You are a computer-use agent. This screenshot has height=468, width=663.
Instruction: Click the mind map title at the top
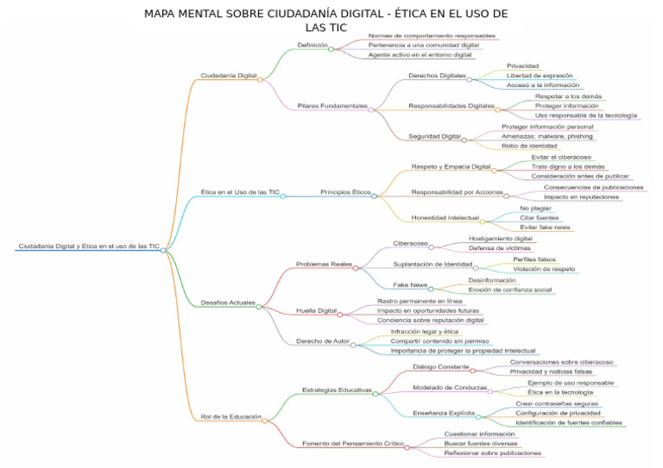click(325, 20)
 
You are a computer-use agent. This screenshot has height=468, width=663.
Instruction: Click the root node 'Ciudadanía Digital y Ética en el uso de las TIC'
click(89, 246)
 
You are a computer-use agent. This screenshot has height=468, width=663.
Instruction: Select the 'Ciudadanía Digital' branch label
click(229, 76)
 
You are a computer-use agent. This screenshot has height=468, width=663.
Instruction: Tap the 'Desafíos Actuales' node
click(228, 303)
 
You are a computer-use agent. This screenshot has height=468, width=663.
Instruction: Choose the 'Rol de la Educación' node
click(231, 417)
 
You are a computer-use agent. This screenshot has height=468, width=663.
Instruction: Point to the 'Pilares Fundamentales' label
click(332, 106)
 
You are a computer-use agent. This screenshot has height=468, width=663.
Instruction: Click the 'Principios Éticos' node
click(345, 192)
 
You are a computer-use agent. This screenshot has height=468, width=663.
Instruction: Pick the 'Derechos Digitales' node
click(437, 76)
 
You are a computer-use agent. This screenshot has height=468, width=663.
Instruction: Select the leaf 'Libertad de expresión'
click(540, 76)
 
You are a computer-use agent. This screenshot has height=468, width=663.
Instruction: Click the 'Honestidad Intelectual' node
click(445, 218)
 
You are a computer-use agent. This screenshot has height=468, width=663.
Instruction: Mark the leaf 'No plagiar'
click(535, 209)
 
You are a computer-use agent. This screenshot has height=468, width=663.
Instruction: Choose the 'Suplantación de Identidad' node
click(433, 265)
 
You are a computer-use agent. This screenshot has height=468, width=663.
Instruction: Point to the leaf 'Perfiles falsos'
click(534, 259)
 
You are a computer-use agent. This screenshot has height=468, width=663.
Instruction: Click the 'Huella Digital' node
click(316, 310)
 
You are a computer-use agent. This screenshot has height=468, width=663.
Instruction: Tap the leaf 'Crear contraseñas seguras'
click(557, 403)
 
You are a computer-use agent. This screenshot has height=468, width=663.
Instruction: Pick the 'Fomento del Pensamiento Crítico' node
click(352, 444)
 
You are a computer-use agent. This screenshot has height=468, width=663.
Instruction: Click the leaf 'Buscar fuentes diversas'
click(487, 443)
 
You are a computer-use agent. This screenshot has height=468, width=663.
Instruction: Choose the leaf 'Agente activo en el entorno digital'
click(420, 55)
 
